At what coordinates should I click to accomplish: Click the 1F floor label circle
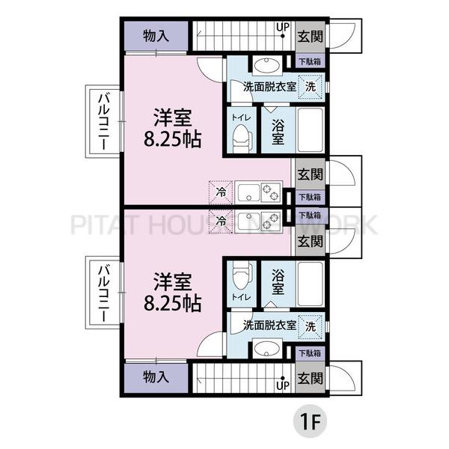310,421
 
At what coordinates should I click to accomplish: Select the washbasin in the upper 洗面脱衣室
266,65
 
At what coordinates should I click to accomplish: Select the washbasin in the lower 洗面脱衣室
266,349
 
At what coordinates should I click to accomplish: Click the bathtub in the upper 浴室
310,130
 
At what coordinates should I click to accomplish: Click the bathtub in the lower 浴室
310,284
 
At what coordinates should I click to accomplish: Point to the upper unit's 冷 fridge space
221,192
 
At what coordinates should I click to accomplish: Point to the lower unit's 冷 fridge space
221,221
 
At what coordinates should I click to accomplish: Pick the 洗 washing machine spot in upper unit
310,87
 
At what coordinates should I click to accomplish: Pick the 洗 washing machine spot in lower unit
310,326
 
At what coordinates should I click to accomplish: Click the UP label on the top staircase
283,27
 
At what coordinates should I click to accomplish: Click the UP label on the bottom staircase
283,385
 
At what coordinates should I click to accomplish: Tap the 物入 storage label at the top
156,37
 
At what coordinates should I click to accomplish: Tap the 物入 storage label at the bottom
156,377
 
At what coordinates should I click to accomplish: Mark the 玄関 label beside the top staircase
310,37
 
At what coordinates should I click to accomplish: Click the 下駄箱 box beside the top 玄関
310,61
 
